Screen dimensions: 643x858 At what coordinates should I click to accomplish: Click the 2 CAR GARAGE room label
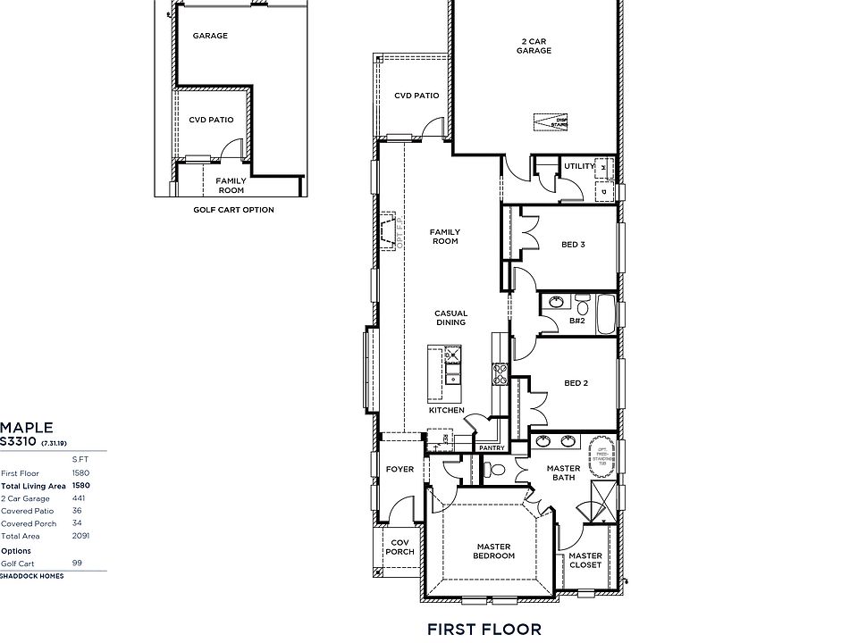(533, 46)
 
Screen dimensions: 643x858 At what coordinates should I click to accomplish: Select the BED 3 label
(573, 245)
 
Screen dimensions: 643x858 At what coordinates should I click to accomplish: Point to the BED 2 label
(576, 383)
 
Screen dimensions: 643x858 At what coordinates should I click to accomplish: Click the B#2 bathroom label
(577, 321)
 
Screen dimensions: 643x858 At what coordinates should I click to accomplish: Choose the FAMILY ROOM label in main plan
(444, 237)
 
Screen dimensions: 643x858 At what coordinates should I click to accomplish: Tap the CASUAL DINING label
(450, 318)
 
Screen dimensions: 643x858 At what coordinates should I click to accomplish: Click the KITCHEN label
(446, 410)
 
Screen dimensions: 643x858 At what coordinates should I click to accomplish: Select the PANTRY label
(492, 447)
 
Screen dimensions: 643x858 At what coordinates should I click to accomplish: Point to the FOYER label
(400, 469)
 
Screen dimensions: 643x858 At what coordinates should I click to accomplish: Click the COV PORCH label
(399, 547)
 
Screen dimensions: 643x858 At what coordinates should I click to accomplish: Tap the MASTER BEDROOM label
(494, 551)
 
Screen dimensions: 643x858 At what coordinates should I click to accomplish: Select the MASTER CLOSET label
(585, 560)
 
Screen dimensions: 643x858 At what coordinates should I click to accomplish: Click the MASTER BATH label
(563, 473)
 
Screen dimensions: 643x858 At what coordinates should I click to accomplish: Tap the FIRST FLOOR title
(484, 630)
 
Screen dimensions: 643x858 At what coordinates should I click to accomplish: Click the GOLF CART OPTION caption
(234, 210)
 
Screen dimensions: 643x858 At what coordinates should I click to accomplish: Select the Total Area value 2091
(80, 536)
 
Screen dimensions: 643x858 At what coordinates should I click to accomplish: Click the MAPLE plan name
(27, 428)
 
